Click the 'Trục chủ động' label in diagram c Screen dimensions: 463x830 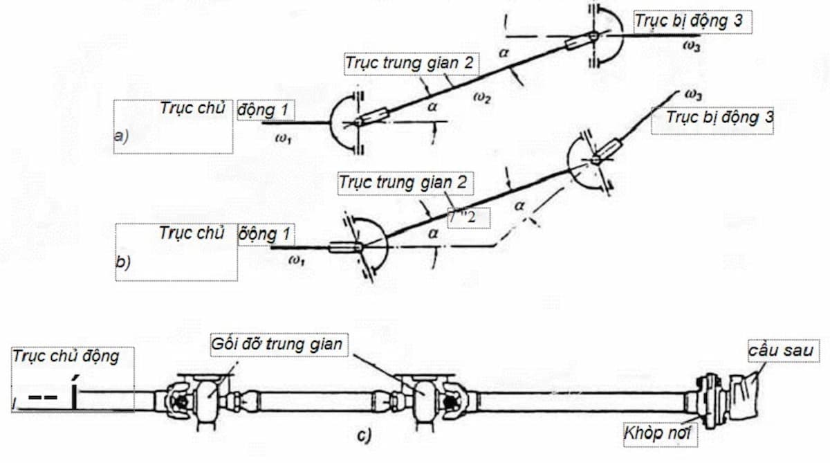pos(66,356)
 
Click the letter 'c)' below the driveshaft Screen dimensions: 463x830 pos(365,436)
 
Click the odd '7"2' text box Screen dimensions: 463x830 pos(468,218)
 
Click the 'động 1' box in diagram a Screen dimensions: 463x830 pos(266,109)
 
